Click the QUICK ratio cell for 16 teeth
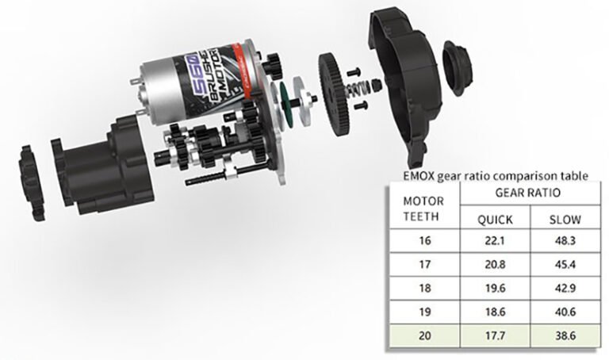coord(495,241)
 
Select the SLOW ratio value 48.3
coord(565,241)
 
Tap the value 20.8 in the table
coord(495,265)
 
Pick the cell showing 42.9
coord(565,288)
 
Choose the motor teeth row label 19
coord(425,312)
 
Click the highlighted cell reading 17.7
coord(495,335)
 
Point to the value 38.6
coord(565,335)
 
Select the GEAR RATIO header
coord(528,193)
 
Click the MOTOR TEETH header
coord(423,209)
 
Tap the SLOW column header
coord(565,220)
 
